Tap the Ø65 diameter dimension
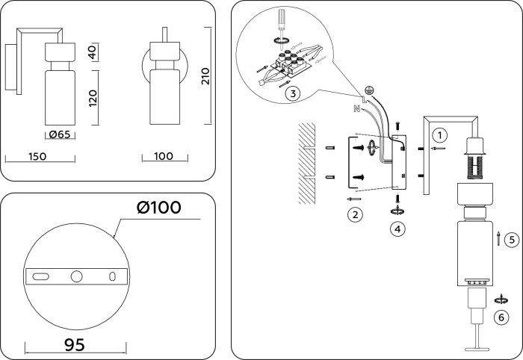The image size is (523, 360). [58, 134]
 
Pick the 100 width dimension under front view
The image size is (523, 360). [164, 156]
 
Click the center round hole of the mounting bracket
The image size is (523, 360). [76, 276]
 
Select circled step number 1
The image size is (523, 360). [441, 135]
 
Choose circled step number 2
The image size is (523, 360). [356, 215]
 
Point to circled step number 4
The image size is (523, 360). [398, 229]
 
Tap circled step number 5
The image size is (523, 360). [511, 240]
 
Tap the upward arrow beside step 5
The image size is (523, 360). [498, 239]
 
